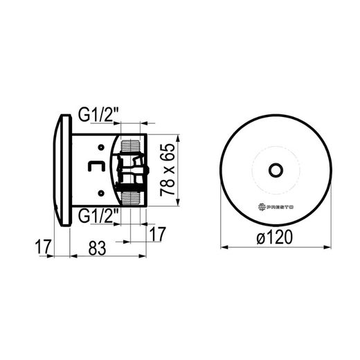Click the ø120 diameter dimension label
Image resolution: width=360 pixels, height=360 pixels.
pyautogui.click(x=275, y=237)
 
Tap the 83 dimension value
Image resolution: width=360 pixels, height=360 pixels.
pyautogui.click(x=97, y=249)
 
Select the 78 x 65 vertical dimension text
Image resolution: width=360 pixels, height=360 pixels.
pyautogui.click(x=168, y=170)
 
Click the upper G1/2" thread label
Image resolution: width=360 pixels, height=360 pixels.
pyautogui.click(x=98, y=115)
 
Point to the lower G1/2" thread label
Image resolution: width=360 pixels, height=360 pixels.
pyautogui.click(x=98, y=215)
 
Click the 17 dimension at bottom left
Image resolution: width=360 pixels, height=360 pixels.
pyautogui.click(x=43, y=246)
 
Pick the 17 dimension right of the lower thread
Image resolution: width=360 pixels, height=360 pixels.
pyautogui.click(x=158, y=234)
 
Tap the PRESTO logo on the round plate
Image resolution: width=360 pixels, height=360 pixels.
pyautogui.click(x=276, y=207)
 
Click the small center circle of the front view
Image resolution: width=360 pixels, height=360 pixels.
pyautogui.click(x=276, y=170)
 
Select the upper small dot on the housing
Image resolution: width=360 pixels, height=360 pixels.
pyautogui.click(x=101, y=147)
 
